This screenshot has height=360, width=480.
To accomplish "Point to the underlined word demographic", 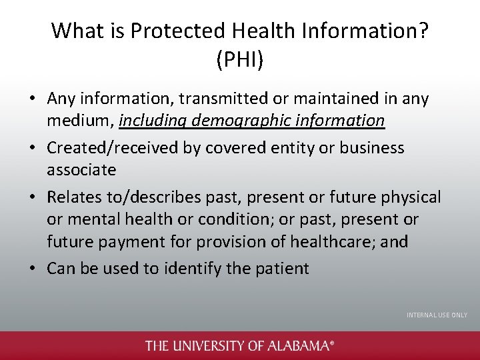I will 233,121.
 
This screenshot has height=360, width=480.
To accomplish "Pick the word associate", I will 81,169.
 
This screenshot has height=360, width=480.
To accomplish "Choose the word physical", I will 408,197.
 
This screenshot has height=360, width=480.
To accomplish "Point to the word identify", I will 190,269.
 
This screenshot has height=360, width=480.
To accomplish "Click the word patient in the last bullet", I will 284,269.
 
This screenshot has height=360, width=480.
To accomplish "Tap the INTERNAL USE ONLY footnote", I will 437,315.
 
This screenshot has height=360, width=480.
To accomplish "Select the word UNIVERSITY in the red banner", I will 207,345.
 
